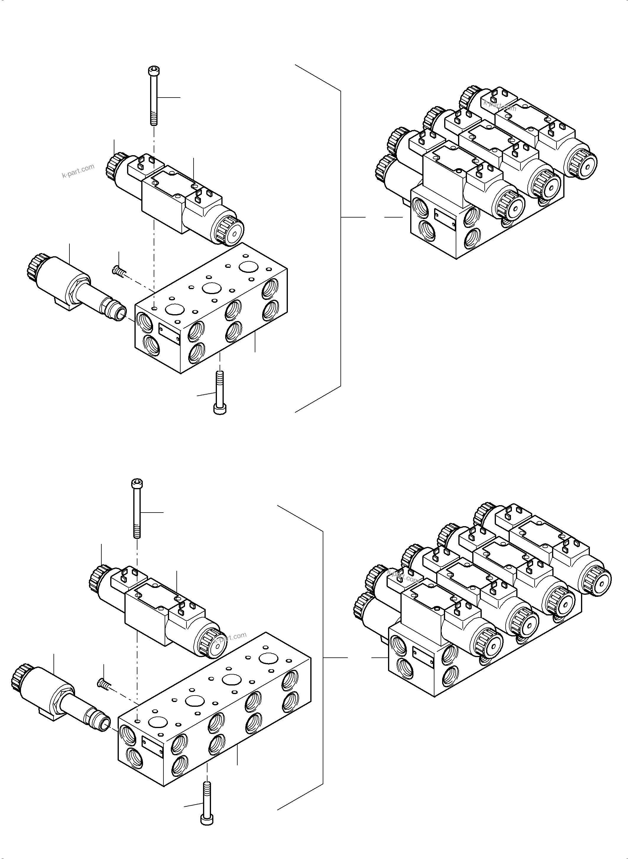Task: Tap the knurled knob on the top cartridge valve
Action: (x=35, y=265)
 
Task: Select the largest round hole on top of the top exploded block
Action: (x=249, y=266)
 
